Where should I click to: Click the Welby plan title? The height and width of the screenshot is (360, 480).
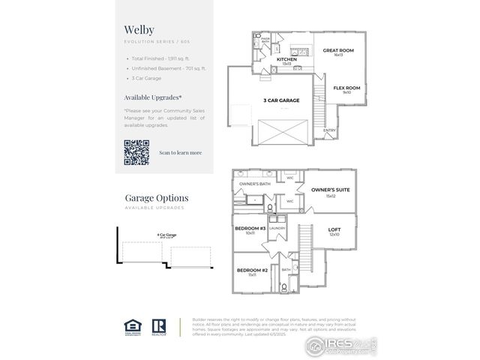[139, 30]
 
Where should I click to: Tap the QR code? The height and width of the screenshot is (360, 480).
[136, 152]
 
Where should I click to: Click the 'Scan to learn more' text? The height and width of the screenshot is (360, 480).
[180, 152]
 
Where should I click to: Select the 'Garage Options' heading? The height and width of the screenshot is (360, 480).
[157, 198]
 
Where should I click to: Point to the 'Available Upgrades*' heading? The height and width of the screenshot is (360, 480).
[152, 97]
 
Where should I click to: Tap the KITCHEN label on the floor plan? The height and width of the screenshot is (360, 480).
[287, 59]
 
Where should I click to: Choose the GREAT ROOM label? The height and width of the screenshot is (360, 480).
[338, 52]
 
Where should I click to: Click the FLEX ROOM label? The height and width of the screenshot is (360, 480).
[346, 88]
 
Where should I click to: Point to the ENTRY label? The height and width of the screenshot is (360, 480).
[330, 130]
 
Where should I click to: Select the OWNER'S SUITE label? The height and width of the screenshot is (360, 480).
[331, 190]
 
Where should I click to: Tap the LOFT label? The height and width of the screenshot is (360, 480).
[334, 230]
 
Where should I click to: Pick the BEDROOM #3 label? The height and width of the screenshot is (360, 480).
[251, 229]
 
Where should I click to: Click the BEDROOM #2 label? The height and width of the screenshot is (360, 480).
[251, 271]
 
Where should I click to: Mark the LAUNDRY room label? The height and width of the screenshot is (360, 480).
[277, 227]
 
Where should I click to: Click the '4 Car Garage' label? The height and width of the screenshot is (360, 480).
[166, 235]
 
